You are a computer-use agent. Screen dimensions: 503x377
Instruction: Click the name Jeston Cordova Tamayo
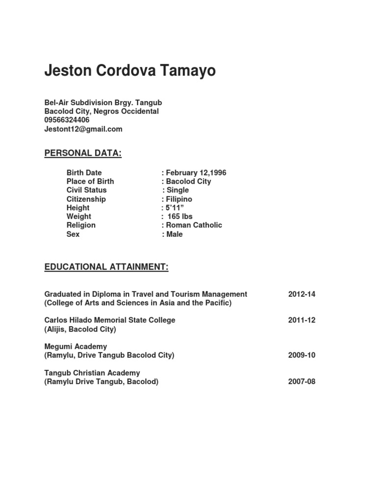pyautogui.click(x=130, y=71)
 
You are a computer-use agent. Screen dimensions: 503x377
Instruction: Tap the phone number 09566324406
pyautogui.click(x=67, y=120)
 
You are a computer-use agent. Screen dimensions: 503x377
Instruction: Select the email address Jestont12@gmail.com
pyautogui.click(x=83, y=129)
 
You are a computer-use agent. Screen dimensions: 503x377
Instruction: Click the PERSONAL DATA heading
pyautogui.click(x=83, y=153)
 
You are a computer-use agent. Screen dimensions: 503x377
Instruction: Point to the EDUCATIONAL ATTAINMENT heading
pyautogui.click(x=107, y=267)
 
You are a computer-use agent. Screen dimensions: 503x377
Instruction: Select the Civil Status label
pyautogui.click(x=86, y=190)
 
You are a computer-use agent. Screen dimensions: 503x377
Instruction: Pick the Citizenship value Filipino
pyautogui.click(x=179, y=199)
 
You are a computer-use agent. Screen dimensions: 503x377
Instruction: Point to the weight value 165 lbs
pyautogui.click(x=180, y=217)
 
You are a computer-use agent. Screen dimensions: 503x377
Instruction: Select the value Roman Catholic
pyautogui.click(x=193, y=225)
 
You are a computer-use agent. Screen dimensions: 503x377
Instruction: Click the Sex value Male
pyautogui.click(x=174, y=234)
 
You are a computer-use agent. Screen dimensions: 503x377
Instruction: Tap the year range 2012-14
pyautogui.click(x=302, y=294)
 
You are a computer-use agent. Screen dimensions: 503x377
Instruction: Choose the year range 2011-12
pyautogui.click(x=302, y=320)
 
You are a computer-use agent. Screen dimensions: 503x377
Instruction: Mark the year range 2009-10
pyautogui.click(x=302, y=355)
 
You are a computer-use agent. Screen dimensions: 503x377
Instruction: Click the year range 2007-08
pyautogui.click(x=302, y=382)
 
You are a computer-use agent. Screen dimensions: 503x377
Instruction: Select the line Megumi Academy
pyautogui.click(x=76, y=346)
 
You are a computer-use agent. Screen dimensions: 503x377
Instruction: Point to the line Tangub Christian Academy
pyautogui.click(x=92, y=373)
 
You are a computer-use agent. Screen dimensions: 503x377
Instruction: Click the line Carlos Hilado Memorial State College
pyautogui.click(x=110, y=320)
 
